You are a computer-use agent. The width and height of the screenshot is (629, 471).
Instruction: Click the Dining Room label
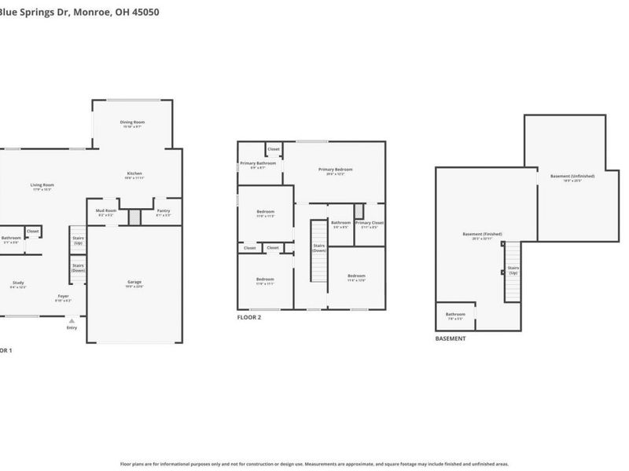[x=132, y=122]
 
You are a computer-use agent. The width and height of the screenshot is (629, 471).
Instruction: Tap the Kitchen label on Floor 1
[x=134, y=173]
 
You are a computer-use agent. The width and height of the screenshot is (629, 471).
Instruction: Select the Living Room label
[x=42, y=185]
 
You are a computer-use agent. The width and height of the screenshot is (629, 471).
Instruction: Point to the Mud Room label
[x=106, y=210]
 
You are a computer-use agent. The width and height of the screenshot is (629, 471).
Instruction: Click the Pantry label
[x=163, y=210]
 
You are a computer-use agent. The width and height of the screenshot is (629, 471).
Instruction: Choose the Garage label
[x=134, y=282]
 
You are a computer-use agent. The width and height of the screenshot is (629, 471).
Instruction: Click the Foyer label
[x=63, y=297]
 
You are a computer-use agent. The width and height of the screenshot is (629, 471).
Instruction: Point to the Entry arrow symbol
[x=72, y=320]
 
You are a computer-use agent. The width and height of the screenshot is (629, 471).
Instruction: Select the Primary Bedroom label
[x=335, y=170]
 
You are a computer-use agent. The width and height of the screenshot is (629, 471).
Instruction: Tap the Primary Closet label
[x=369, y=223]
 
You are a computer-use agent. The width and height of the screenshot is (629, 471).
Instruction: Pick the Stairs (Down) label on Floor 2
[x=318, y=247]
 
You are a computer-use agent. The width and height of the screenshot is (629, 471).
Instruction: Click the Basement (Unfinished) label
[x=572, y=176]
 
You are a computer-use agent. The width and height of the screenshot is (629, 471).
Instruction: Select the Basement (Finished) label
[x=482, y=234]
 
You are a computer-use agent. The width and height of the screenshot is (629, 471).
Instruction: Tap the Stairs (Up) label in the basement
[x=513, y=269]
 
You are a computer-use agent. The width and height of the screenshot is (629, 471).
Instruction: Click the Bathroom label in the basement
[x=455, y=315]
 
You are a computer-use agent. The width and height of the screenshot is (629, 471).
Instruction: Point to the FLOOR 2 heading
[x=248, y=317]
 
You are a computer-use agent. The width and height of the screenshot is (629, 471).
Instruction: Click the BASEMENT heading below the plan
[x=451, y=338]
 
